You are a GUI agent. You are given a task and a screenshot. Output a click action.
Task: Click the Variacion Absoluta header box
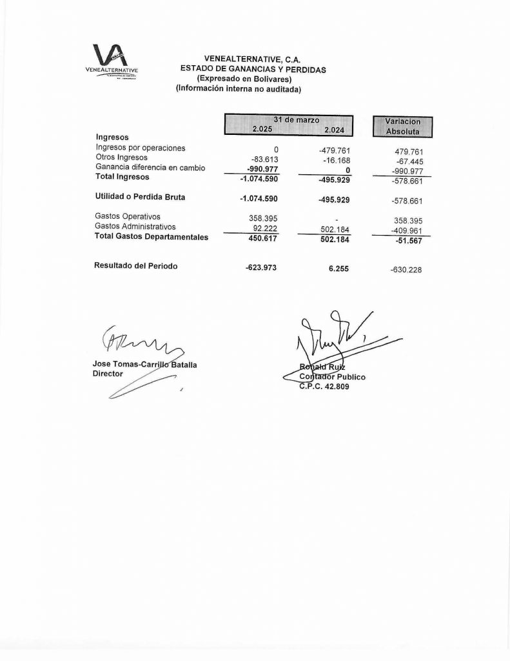[402, 126]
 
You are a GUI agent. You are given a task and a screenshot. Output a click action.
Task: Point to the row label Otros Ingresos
[121, 158]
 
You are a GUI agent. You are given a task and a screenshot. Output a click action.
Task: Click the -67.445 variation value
[408, 161]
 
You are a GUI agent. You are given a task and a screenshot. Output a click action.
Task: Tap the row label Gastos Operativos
[127, 217]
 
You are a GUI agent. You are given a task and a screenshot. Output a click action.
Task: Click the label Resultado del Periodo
[136, 265]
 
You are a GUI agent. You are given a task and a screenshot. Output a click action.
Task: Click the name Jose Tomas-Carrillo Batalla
[144, 365]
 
